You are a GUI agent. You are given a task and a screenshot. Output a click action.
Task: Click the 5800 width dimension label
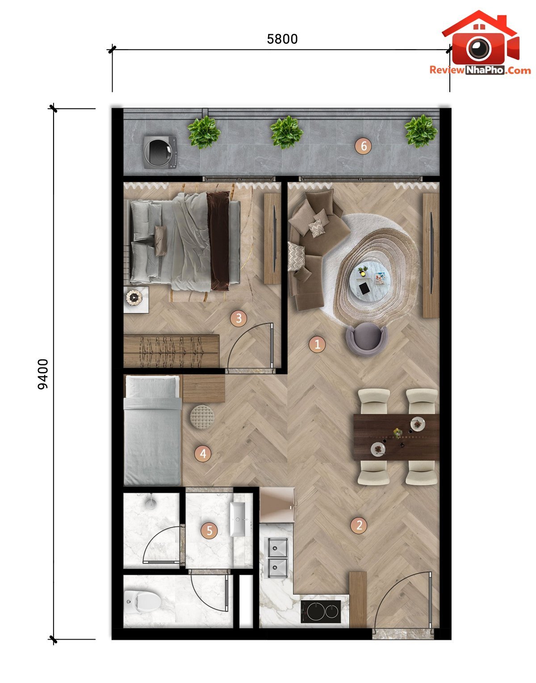(x=282, y=39)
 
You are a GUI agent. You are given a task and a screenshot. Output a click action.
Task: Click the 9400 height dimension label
(x=43, y=374)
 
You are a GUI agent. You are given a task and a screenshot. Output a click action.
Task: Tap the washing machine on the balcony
(x=160, y=152)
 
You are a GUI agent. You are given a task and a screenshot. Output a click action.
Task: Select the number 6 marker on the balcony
(x=363, y=146)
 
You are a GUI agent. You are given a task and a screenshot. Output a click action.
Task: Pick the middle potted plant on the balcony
(x=286, y=132)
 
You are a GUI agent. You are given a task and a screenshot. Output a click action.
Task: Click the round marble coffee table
(x=370, y=279)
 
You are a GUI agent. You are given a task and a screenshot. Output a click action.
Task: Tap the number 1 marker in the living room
(x=317, y=344)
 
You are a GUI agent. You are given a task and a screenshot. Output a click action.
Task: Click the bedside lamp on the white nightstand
(x=134, y=297)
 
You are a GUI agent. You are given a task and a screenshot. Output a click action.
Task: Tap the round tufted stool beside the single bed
(x=202, y=417)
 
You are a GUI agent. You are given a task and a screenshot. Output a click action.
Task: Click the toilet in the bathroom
(x=142, y=602)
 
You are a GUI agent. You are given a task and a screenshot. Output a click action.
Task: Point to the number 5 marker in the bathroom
(x=209, y=531)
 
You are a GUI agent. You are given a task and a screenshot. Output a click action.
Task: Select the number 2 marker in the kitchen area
(x=359, y=525)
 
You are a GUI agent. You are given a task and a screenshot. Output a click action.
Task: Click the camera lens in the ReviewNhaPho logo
(x=478, y=48)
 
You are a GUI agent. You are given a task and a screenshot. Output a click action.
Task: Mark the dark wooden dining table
(x=396, y=437)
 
